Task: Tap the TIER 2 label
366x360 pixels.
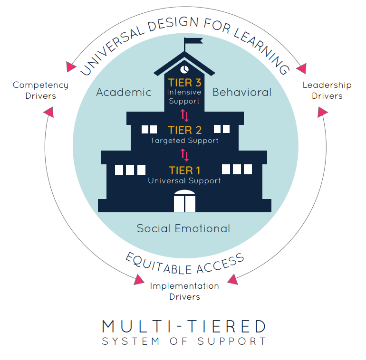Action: coord(184,130)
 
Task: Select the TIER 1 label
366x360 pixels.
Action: coord(184,171)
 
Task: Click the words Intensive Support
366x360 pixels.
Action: coord(184,96)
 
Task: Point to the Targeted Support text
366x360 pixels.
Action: coord(184,141)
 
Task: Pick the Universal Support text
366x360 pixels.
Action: coord(184,181)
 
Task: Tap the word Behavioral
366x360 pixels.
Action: coord(242,92)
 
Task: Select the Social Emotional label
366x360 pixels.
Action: coord(183,228)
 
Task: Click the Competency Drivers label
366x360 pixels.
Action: coord(40,90)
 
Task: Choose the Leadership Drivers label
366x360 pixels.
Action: coord(327,90)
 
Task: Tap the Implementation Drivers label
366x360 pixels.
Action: coord(184,291)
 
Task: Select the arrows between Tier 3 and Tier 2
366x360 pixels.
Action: coord(184,115)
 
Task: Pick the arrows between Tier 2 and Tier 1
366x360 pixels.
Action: coord(184,155)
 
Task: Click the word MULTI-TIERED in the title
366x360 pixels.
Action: coord(184,327)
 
